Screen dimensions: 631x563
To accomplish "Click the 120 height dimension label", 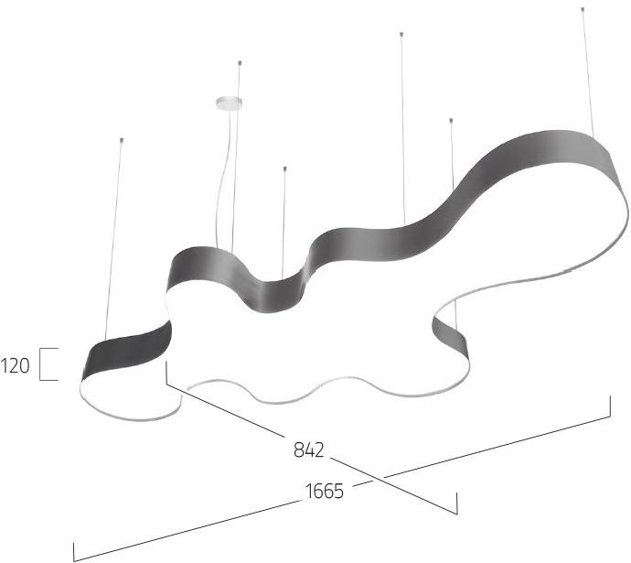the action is click(15, 365).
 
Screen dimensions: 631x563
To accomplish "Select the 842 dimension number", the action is click(309, 449).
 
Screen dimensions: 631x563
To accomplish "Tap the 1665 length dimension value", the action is click(325, 492).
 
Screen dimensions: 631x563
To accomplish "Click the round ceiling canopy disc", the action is click(229, 103).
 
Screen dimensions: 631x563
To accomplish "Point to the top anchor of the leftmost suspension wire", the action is click(122, 140).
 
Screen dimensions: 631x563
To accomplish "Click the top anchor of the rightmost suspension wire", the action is click(583, 8).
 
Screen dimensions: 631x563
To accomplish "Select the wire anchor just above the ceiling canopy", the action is click(240, 63).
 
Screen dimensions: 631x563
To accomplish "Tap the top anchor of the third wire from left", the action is click(285, 168).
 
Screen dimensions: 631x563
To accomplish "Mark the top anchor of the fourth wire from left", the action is click(401, 34).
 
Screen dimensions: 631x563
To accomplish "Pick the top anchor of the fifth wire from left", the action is click(451, 120).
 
